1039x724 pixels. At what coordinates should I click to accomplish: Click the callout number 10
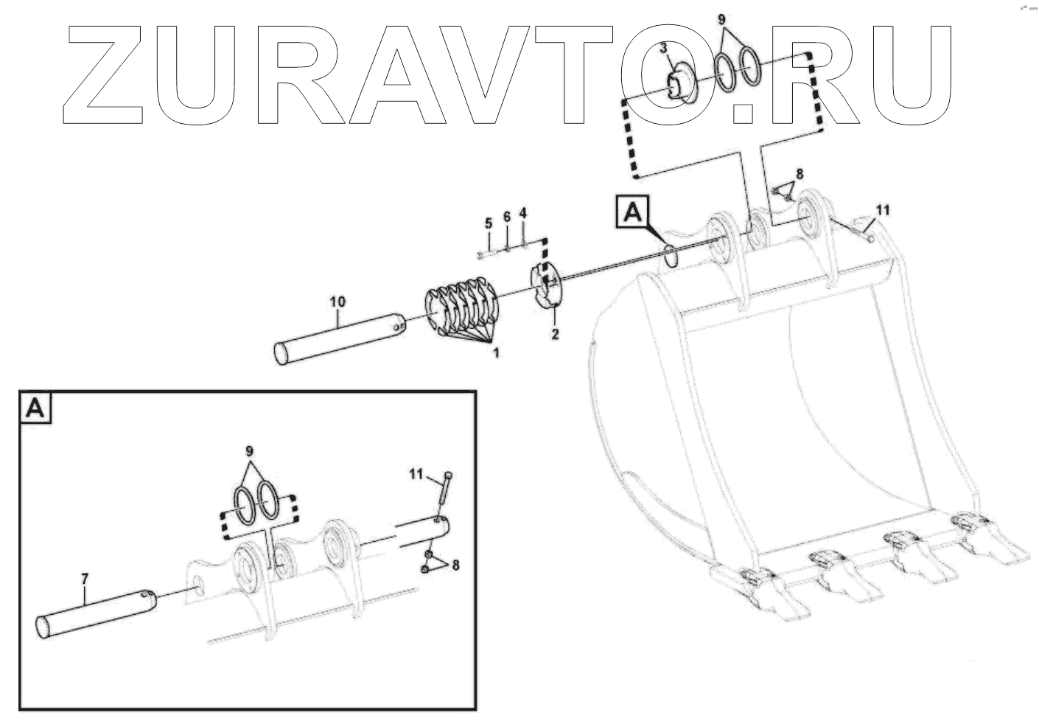point(337,302)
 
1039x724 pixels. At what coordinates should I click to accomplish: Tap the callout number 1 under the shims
point(495,354)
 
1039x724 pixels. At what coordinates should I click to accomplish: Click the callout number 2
point(555,335)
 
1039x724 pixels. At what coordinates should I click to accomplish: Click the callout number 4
point(523,213)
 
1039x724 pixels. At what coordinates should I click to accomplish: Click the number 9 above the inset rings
point(250,451)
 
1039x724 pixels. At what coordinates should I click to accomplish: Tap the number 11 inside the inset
point(416,476)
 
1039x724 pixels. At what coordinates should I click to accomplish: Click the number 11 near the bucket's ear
point(882,211)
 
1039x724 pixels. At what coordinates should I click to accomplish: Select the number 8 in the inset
point(455,565)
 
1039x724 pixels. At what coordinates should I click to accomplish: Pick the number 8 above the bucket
point(799,174)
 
